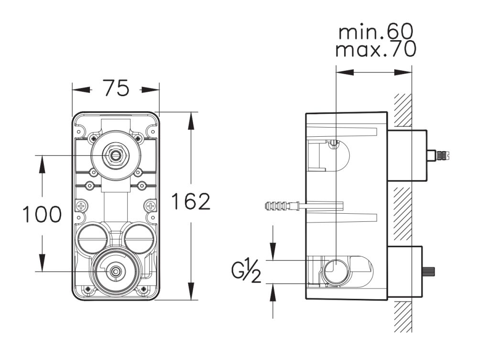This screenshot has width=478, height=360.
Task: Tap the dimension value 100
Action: [x=42, y=215]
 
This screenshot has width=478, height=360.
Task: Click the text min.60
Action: [x=374, y=33]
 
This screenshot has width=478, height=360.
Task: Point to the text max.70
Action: [x=375, y=49]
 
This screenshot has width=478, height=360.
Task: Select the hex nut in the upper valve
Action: [x=115, y=155]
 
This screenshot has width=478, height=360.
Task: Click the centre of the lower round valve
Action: [x=115, y=272]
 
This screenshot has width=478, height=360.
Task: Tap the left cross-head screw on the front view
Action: [x=81, y=207]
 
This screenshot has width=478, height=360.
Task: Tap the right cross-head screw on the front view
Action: [x=151, y=207]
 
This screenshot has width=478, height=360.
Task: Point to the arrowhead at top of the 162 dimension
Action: [x=191, y=119]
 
